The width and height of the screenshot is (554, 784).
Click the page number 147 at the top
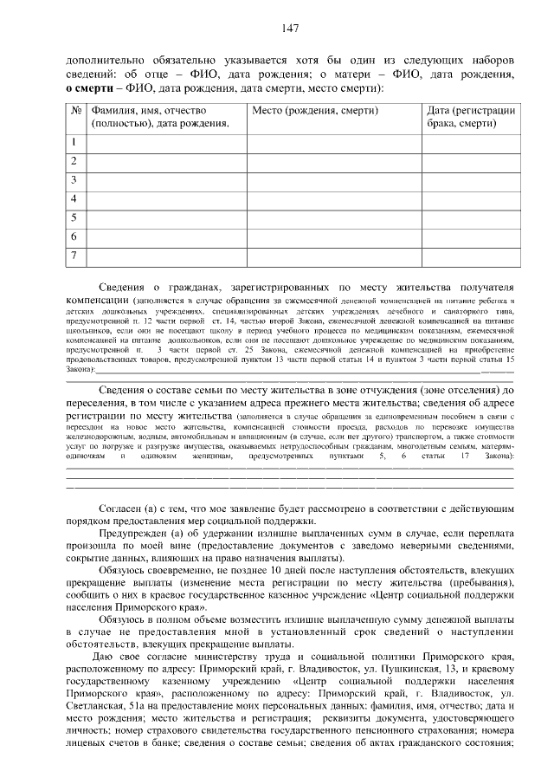pos(290,29)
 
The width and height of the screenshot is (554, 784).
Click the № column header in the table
pos(75,111)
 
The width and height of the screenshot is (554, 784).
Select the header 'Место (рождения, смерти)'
pos(300,111)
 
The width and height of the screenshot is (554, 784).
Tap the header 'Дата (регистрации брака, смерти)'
pos(471,117)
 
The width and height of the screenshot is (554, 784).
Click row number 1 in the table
pos(74,142)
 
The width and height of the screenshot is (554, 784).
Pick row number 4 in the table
pos(74,199)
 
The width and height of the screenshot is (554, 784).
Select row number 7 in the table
pos(74,255)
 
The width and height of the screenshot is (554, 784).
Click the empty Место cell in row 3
pos(333,180)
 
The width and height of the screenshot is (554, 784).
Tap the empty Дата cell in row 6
pos(471,236)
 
